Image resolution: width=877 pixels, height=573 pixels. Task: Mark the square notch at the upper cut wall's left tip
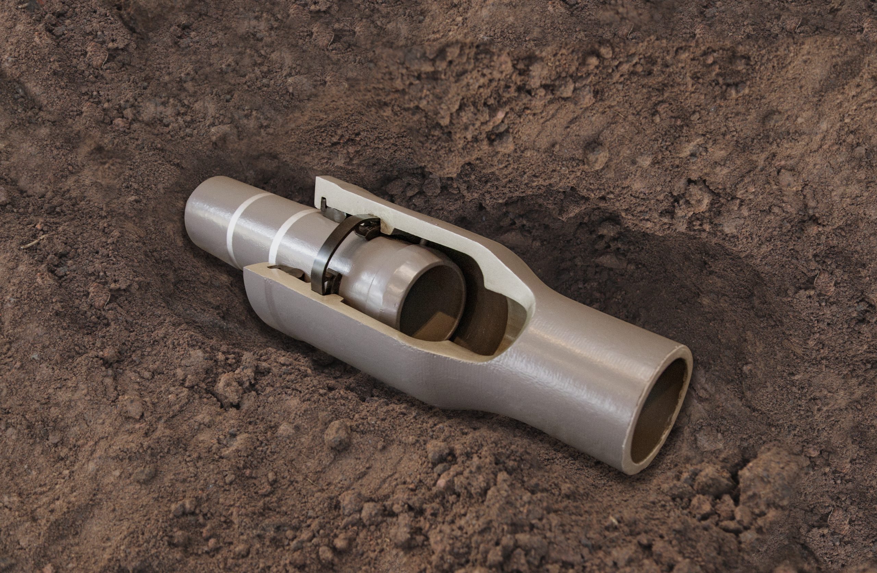point(323,202)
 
